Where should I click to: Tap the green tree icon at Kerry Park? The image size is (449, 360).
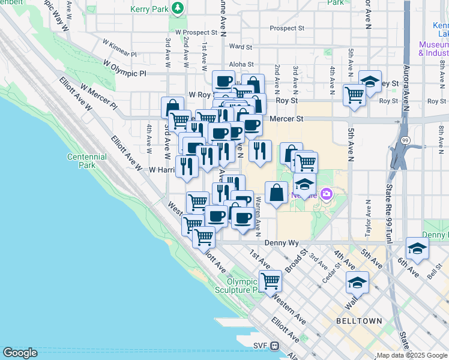click(178, 8)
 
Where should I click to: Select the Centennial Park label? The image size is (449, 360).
click(88, 161)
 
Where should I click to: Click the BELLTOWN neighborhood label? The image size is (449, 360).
click(360, 321)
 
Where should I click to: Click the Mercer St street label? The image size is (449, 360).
click(286, 119)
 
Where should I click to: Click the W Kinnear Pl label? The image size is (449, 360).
click(120, 48)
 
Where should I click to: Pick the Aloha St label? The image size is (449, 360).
click(242, 64)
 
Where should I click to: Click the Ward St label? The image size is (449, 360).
click(240, 46)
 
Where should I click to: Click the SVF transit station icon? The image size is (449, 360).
click(274, 346)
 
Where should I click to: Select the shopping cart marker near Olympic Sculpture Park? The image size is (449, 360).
click(270, 280)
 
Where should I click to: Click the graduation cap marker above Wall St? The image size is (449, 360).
click(357, 281)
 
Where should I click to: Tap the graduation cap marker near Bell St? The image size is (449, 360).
click(417, 247)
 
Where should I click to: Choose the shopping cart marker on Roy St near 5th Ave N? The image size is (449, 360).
click(354, 94)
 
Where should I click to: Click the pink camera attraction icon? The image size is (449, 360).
click(326, 193)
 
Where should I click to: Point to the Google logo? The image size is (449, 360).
click(20, 352)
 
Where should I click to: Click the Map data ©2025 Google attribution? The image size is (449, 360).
click(411, 355)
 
